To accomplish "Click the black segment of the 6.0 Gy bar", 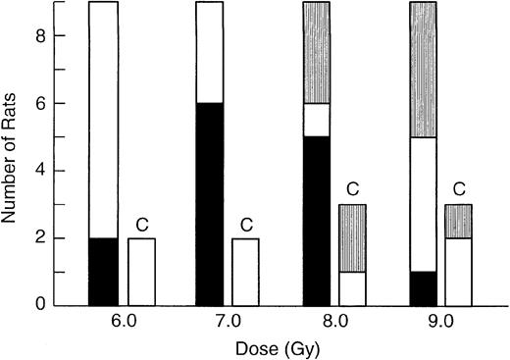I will pos(104,271).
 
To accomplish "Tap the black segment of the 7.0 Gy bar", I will pos(210,204).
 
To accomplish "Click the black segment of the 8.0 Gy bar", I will pos(316,221).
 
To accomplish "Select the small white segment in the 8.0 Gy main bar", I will pos(316,120).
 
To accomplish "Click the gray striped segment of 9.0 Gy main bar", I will pos(422,70).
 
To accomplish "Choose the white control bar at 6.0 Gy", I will pos(141,271).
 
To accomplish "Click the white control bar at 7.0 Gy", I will pos(247,271).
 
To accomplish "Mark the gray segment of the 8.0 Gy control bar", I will pos(353,237).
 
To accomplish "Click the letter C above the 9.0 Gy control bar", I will pos(459,188).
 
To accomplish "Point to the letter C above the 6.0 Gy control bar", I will pos(141,222).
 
